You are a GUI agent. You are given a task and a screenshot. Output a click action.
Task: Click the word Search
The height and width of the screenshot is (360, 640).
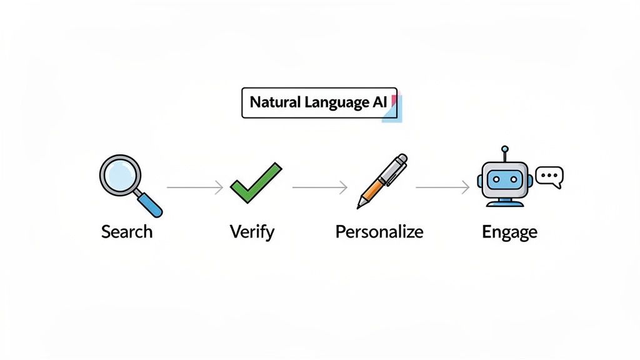127,232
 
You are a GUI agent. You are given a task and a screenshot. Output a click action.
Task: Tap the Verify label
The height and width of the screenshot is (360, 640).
252,232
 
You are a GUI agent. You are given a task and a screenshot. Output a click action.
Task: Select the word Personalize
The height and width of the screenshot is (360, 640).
379,232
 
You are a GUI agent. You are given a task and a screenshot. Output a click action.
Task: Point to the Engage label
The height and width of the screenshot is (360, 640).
509,232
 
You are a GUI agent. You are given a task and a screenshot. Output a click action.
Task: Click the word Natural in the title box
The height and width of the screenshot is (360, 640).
272,103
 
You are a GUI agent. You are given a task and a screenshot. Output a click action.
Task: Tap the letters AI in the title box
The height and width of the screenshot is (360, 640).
381,103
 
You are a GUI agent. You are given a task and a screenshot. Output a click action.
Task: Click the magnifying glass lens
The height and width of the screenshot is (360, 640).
121,176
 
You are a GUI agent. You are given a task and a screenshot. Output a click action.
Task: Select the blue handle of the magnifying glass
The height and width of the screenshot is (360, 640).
151,205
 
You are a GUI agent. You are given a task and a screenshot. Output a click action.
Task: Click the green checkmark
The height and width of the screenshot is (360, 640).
256,182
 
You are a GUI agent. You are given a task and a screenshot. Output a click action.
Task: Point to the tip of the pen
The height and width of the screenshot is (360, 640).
359,206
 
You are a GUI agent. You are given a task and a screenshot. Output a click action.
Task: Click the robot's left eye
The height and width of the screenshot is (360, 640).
497,179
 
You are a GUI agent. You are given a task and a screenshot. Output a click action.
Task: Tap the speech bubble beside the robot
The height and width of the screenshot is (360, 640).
550,176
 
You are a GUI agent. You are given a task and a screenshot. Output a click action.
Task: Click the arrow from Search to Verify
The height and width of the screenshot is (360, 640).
194,187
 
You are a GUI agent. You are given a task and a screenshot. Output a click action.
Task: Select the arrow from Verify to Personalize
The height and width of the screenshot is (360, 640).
319,187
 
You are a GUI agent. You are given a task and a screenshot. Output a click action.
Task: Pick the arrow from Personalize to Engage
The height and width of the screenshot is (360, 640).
442,187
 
